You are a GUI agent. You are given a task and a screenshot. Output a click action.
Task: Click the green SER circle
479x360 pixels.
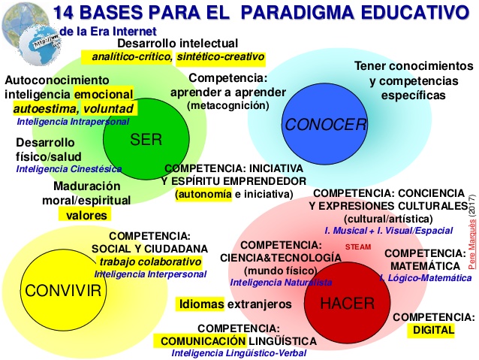point(146,138)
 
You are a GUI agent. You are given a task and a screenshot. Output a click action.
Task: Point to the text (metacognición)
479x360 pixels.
point(228,106)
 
